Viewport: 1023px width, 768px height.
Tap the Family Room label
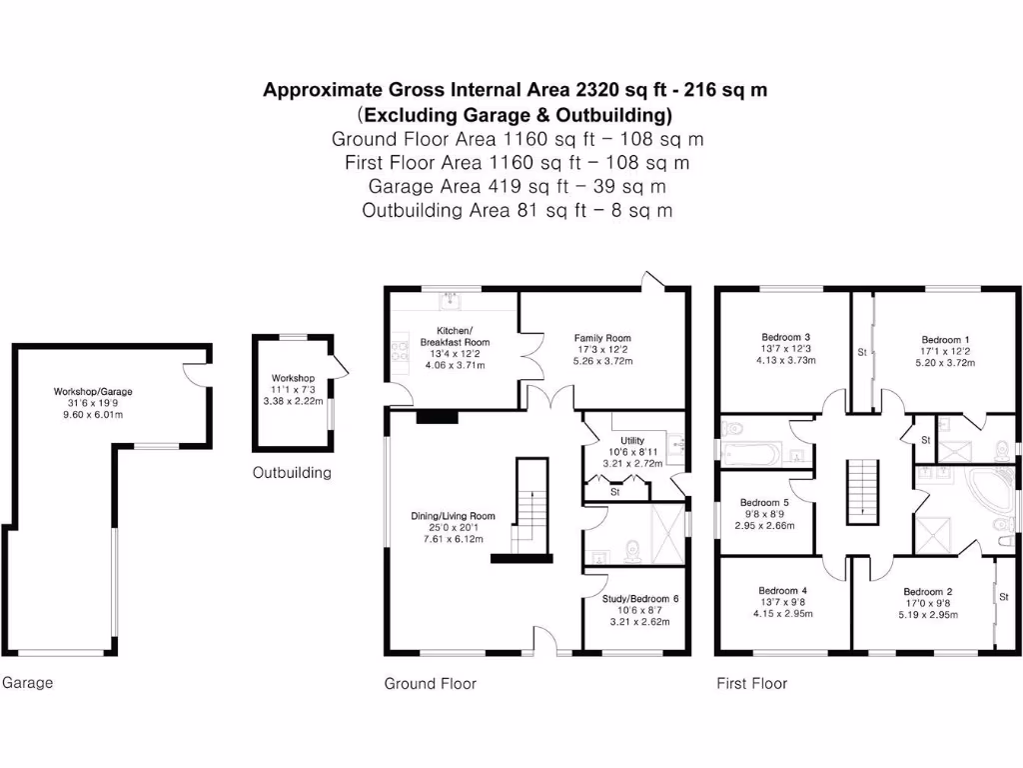point(602,338)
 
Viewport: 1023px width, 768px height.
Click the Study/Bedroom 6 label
point(640,598)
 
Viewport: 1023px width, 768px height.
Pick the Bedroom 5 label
point(764,503)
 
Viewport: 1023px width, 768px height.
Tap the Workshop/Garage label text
point(93,392)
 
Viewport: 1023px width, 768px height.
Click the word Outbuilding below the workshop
point(292,473)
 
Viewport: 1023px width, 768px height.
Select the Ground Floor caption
point(431,684)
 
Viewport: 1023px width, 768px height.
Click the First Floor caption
point(752,684)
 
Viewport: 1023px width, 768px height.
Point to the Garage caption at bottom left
point(27,683)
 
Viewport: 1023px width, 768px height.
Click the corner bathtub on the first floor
point(988,497)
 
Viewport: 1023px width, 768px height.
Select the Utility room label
point(632,440)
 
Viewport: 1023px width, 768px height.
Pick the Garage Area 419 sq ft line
point(516,186)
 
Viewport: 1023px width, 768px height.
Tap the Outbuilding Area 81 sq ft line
point(516,210)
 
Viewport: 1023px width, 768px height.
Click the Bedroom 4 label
point(783,591)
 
